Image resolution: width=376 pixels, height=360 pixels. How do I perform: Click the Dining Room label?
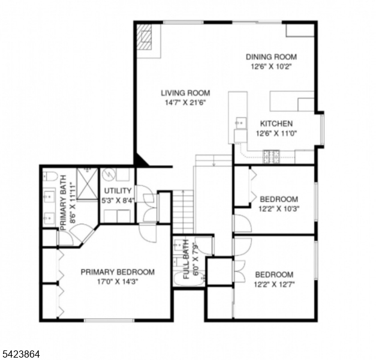tap(271, 57)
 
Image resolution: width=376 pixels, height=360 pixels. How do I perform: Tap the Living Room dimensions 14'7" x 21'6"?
tap(185, 103)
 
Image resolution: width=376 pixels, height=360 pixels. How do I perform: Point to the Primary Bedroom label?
tap(118, 272)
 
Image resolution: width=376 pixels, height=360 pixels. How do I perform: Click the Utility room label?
tap(118, 190)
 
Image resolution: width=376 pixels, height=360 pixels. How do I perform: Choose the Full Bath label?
tap(187, 259)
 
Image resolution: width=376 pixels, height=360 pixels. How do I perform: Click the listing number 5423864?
tap(21, 355)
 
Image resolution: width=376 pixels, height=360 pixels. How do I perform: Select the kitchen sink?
tap(240, 124)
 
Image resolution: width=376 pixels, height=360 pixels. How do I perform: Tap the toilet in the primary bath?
tap(51, 176)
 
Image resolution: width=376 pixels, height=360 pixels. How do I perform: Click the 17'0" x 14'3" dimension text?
tap(118, 281)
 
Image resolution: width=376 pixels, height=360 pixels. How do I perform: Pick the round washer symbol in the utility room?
tap(109, 176)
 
